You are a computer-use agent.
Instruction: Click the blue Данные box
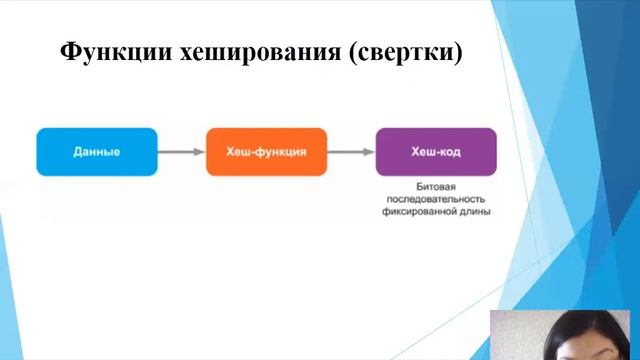pyautogui.click(x=97, y=152)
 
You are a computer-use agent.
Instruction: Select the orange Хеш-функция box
pyautogui.click(x=266, y=152)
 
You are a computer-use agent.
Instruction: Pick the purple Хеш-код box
pyautogui.click(x=436, y=152)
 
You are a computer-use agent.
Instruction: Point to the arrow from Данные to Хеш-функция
pyautogui.click(x=181, y=152)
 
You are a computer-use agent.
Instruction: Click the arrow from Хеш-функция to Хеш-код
pyautogui.click(x=350, y=152)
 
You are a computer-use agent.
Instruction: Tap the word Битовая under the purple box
pyautogui.click(x=436, y=187)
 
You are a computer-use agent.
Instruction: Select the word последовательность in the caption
pyautogui.click(x=436, y=199)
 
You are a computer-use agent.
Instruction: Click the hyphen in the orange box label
pyautogui.click(x=255, y=152)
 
